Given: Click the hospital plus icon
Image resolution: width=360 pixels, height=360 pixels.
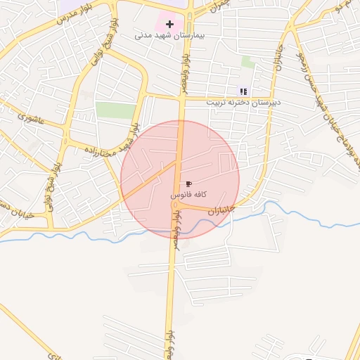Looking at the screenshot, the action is point(169,23).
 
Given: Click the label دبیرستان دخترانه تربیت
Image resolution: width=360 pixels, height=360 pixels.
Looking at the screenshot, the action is point(243,102).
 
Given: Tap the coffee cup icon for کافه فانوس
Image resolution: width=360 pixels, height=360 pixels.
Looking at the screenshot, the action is point(188,184).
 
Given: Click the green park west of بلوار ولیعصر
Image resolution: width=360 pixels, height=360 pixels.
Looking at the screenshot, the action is point(115,110).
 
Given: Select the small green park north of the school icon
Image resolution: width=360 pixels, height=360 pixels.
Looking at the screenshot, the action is point(247,62).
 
